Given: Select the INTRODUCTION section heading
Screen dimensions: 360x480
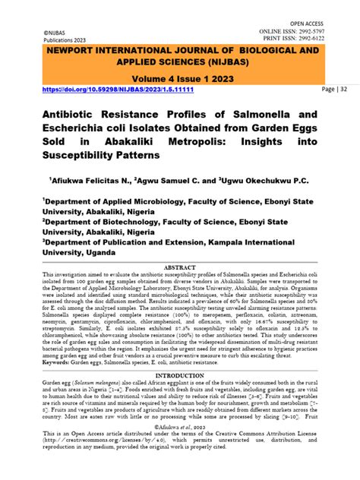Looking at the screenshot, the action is pos(180,417).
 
